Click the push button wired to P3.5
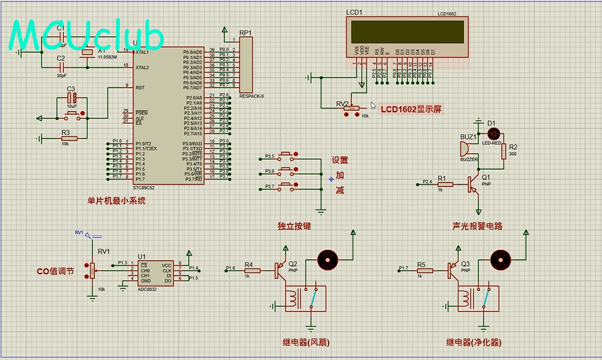pyautogui.click(x=290, y=157)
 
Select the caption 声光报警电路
pyautogui.click(x=477, y=226)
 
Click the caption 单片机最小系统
pyautogui.click(x=116, y=201)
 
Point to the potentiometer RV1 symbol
pyautogui.click(x=92, y=271)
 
